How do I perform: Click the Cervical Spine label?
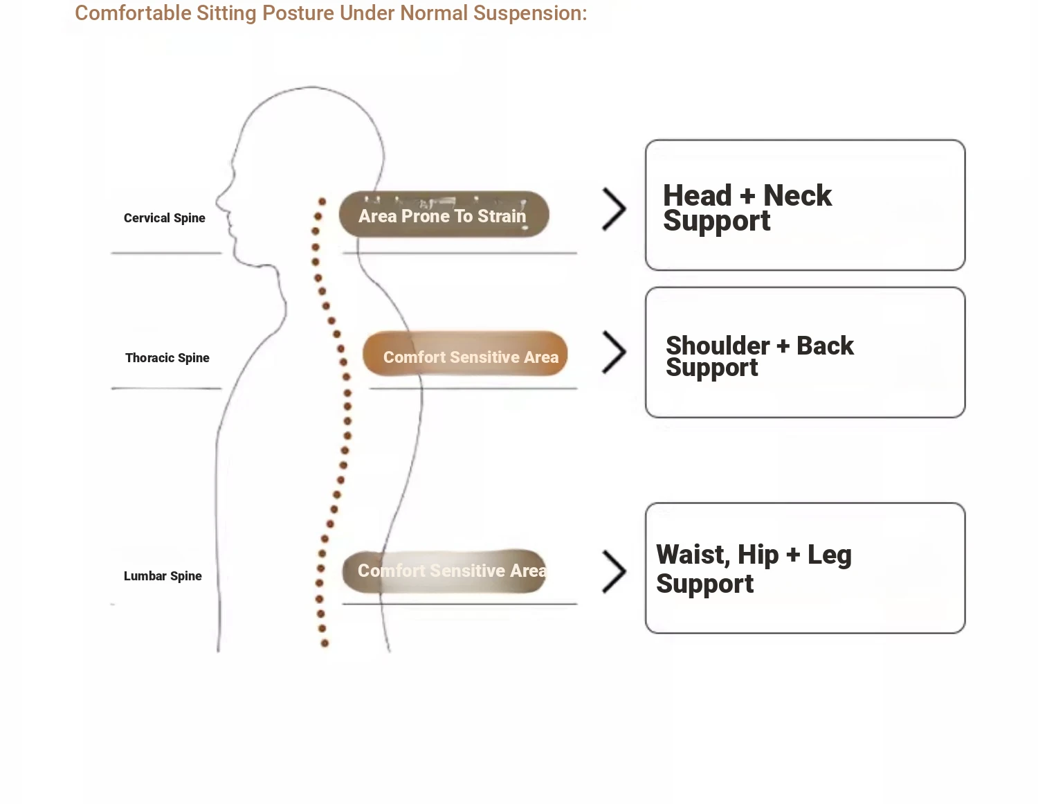click(165, 218)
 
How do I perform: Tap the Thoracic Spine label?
click(167, 358)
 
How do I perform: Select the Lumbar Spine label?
click(163, 576)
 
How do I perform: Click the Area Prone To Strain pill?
click(444, 215)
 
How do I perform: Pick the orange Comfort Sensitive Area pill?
click(465, 355)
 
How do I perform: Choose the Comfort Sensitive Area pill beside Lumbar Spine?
click(444, 571)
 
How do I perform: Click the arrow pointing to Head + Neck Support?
click(614, 209)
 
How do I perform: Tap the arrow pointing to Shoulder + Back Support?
click(614, 352)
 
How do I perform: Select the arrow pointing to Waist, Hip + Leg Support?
click(614, 572)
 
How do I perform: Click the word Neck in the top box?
click(797, 196)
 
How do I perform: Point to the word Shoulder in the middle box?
click(718, 346)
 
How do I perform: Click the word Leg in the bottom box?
click(829, 555)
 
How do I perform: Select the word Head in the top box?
click(697, 196)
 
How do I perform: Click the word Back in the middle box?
click(825, 346)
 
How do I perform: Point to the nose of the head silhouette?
click(219, 202)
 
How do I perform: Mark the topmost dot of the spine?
click(322, 202)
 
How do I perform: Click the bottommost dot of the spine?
click(325, 643)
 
